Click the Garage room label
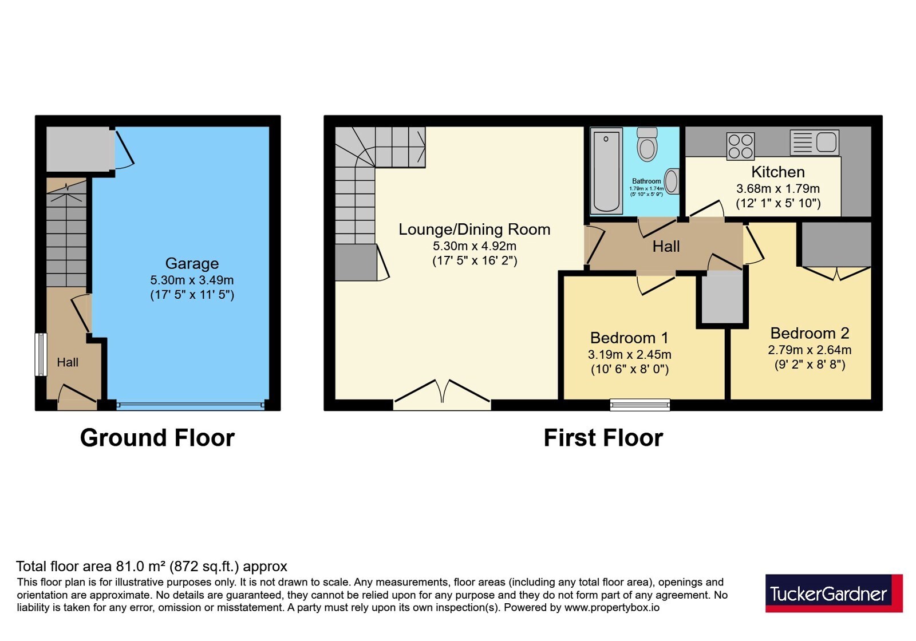tap(192, 263)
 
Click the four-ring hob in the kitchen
tap(741, 147)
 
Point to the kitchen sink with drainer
tap(815, 143)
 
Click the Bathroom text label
tap(646, 181)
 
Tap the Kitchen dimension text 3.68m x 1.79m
tap(778, 189)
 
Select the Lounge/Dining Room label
tap(475, 230)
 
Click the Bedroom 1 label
tap(629, 338)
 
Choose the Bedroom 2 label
tap(810, 333)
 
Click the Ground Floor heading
tap(157, 438)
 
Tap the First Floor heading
tap(603, 438)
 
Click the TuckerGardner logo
tap(834, 593)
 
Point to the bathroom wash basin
tap(672, 181)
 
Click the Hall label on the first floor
tap(666, 247)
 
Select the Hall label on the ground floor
tap(68, 362)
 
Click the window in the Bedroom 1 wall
tap(640, 405)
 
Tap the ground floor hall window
tap(41, 354)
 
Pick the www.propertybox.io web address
tap(612, 607)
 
